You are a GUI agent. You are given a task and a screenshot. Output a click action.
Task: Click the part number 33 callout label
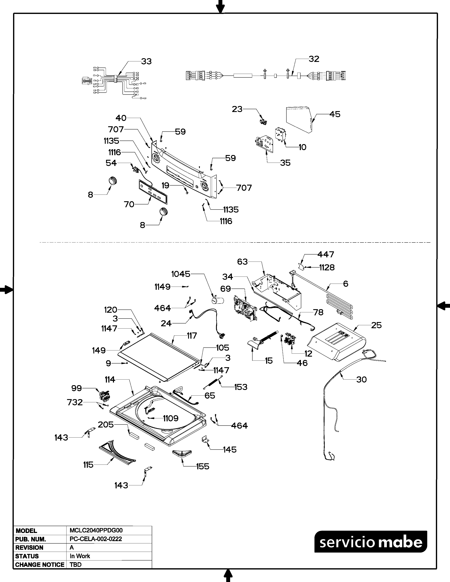pos(146,62)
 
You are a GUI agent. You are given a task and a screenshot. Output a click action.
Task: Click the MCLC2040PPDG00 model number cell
pos(96,530)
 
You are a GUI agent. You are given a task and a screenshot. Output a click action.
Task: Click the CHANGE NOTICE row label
pos(40,565)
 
